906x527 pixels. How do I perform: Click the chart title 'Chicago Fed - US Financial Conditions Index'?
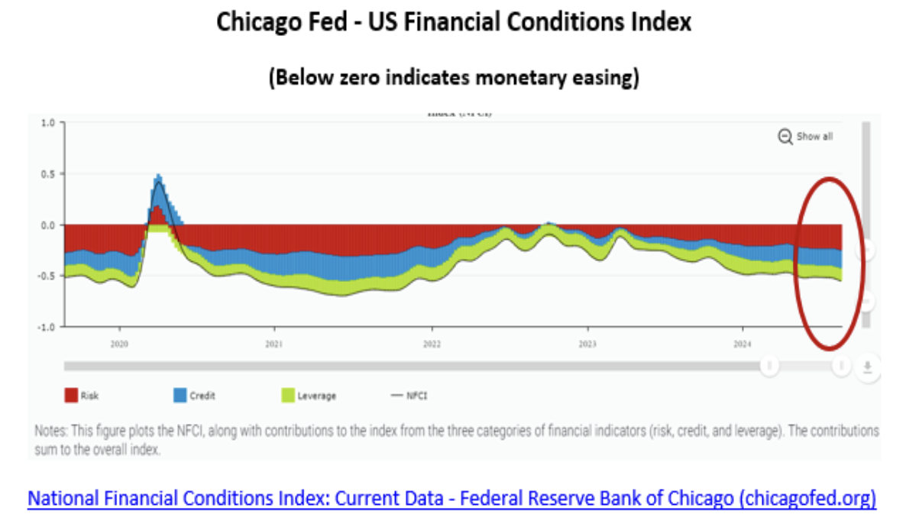(x=453, y=21)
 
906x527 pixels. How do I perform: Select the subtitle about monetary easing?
(x=453, y=77)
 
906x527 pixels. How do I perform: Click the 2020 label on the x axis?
(x=119, y=344)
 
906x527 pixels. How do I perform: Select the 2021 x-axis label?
(x=275, y=344)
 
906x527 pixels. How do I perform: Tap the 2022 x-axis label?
(x=432, y=344)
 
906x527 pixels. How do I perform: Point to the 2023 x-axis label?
(x=587, y=344)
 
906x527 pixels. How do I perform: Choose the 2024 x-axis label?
(x=743, y=344)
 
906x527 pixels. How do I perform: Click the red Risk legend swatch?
(x=71, y=396)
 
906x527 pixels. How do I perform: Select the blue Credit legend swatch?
(x=180, y=396)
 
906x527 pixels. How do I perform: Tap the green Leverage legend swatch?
(x=288, y=396)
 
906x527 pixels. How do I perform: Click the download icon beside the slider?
(x=867, y=367)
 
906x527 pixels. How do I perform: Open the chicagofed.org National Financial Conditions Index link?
(x=451, y=500)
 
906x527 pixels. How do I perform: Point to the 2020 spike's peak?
(x=159, y=176)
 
